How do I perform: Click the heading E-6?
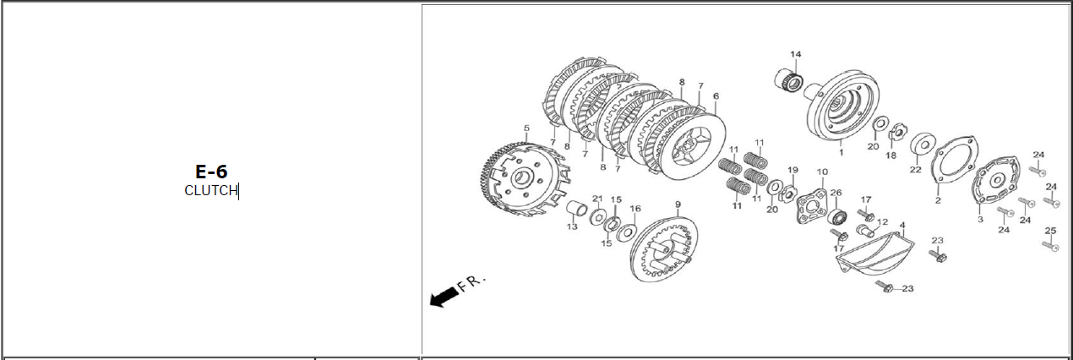[211, 172]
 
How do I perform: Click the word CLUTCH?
[210, 190]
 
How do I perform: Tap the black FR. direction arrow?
[444, 297]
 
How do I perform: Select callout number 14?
[796, 54]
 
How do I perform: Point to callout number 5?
[526, 128]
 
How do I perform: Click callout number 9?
[678, 205]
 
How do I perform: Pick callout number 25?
[1050, 231]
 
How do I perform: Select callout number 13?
[572, 226]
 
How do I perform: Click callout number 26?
[836, 193]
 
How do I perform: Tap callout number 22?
[915, 170]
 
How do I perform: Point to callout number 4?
[902, 225]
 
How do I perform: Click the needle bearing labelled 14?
[789, 79]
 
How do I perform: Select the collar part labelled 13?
[577, 209]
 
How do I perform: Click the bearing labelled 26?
[836, 216]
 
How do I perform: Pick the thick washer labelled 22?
[923, 144]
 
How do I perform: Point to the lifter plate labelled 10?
[812, 206]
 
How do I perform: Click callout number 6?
[716, 96]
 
